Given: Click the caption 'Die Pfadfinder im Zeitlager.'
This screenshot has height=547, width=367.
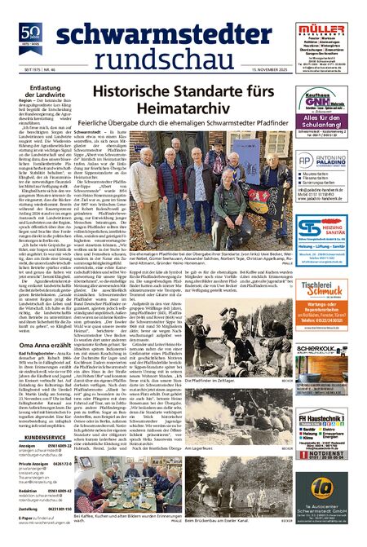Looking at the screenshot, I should tap(213, 379).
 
